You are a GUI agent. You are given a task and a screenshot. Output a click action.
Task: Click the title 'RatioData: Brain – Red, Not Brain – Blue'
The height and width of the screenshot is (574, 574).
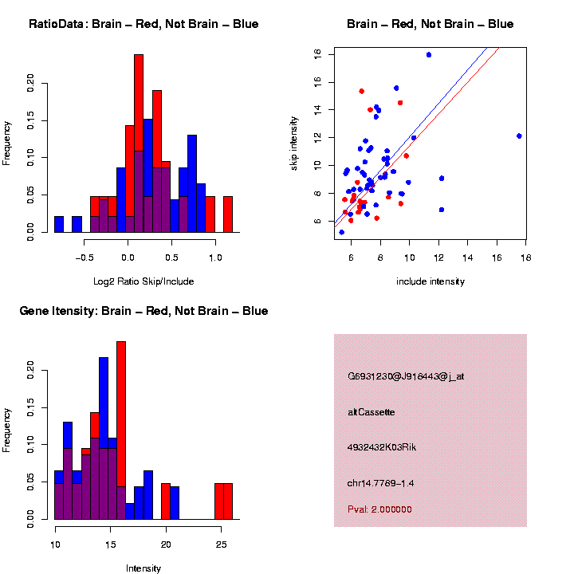coord(143,24)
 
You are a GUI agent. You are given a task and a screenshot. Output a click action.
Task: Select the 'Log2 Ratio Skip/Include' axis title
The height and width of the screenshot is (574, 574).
coord(143,281)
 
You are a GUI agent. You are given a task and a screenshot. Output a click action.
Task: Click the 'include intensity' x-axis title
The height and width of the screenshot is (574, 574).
coord(431,281)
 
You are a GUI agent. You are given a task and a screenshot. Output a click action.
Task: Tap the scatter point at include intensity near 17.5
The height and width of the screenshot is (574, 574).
coord(519,136)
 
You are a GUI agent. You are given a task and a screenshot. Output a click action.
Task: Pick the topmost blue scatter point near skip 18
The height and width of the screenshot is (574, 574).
coord(429,55)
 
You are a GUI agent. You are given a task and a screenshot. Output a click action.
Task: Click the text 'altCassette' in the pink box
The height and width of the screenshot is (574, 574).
coord(372,412)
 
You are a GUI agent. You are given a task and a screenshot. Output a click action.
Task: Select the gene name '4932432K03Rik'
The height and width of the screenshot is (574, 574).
coord(382,447)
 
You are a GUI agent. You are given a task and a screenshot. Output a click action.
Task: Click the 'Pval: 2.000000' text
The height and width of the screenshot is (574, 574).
coord(379,509)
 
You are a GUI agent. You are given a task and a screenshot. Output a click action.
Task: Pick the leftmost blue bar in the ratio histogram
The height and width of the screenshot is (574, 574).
coord(59,224)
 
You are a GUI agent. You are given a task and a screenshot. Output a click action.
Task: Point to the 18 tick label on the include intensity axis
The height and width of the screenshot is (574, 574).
coord(526,258)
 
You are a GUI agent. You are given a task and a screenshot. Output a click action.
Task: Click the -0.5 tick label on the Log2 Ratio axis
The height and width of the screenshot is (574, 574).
coord(84,258)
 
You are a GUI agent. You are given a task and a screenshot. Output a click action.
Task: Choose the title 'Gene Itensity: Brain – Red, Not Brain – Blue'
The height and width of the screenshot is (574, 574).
coord(143,311)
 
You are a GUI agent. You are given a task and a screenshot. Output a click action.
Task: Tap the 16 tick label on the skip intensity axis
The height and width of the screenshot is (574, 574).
coord(317,81)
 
